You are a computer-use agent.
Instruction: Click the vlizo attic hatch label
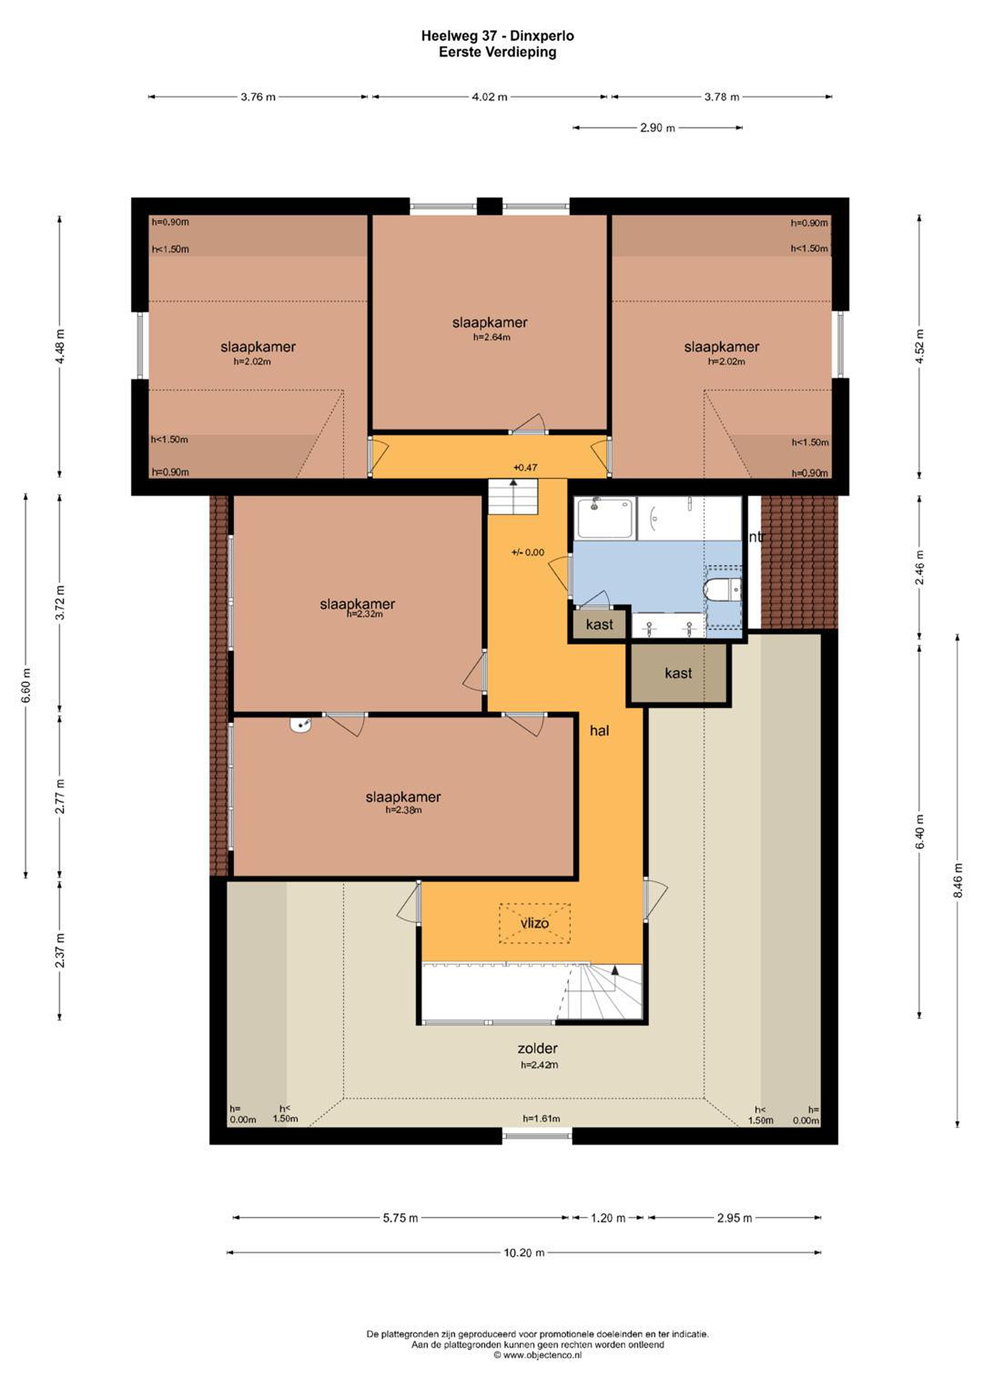pos(534,923)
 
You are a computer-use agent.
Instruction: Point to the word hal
pos(599,731)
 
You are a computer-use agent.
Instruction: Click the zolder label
pos(537,1048)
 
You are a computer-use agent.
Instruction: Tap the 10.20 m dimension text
pos(524,1252)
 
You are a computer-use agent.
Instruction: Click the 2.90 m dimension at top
pos(657,128)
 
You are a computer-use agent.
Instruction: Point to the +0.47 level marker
pos(525,467)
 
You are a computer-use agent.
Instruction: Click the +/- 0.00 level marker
pos(528,552)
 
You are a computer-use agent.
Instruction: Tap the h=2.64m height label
pos(492,337)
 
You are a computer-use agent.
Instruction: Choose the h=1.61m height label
pos(541,1118)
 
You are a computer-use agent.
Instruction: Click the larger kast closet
pos(678,673)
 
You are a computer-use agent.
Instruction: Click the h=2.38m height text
pos(404,810)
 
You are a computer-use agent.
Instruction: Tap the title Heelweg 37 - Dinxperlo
pos(498,36)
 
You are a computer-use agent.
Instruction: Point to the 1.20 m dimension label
pos(608,1218)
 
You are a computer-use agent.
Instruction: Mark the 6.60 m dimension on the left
pos(26,686)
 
